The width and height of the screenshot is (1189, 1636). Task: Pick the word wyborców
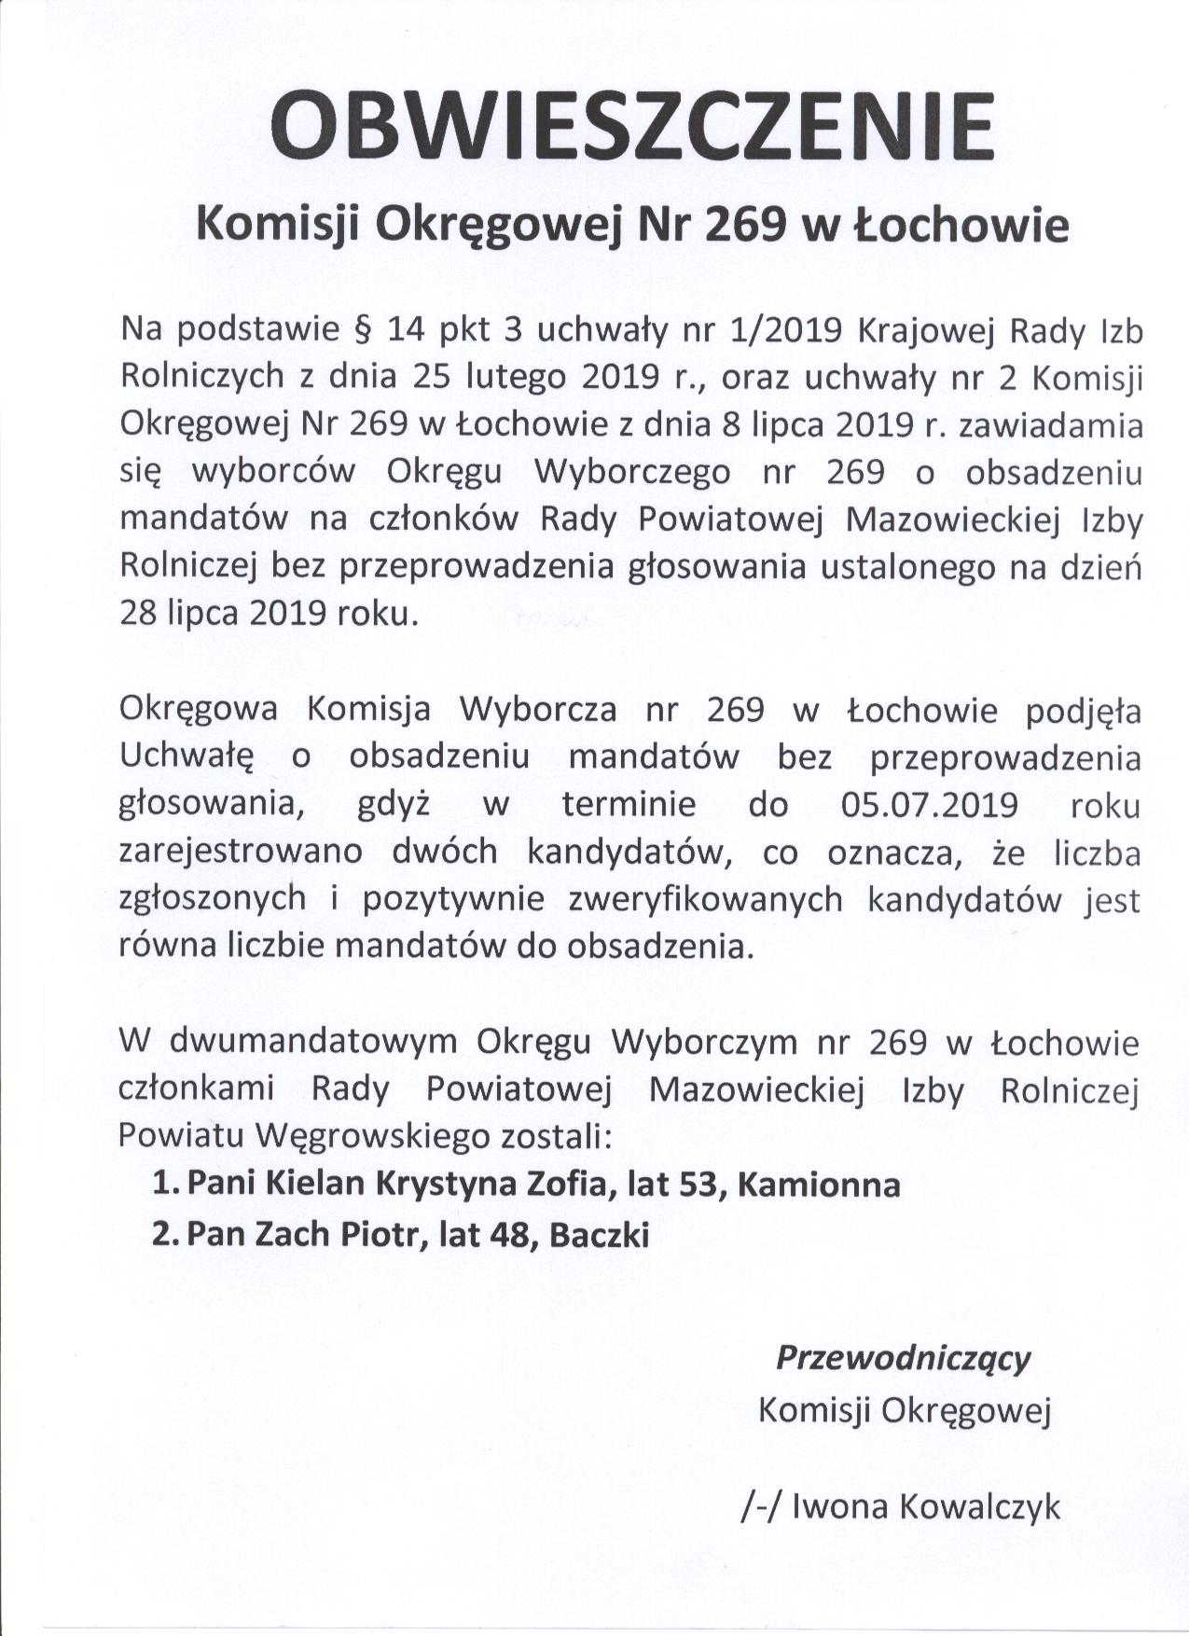[274, 472]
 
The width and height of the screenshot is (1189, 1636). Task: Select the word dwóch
[458, 853]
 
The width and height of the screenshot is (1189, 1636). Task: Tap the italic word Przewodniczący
[903, 1358]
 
